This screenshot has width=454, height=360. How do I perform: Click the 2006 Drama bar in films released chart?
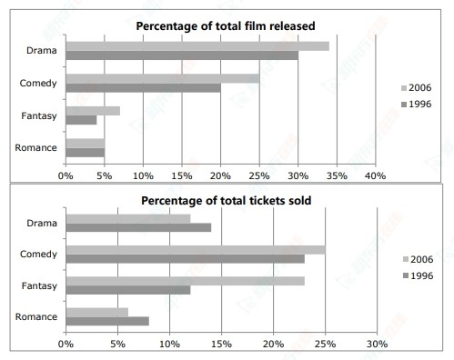[197, 45]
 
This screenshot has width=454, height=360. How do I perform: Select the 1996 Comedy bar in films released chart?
[143, 88]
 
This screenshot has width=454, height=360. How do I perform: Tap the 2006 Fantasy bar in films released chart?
[93, 111]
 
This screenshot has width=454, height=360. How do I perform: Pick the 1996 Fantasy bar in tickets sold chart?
[127, 290]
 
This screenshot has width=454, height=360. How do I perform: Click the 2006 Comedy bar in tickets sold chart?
[195, 249]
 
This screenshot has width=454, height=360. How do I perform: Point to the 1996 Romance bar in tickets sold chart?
[106, 321]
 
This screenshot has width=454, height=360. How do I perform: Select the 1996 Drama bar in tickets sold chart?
[138, 227]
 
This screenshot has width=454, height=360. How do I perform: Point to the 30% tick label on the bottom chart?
[377, 345]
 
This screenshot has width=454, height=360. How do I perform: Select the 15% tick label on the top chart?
[182, 174]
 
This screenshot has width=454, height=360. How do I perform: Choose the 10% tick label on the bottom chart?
[169, 345]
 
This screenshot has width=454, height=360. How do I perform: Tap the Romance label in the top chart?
[39, 147]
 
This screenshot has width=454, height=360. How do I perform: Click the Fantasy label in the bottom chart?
[39, 285]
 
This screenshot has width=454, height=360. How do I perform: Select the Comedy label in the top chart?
[39, 83]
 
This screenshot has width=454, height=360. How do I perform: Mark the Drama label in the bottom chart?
[43, 222]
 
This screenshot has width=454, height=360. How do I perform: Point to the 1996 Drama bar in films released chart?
[181, 55]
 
